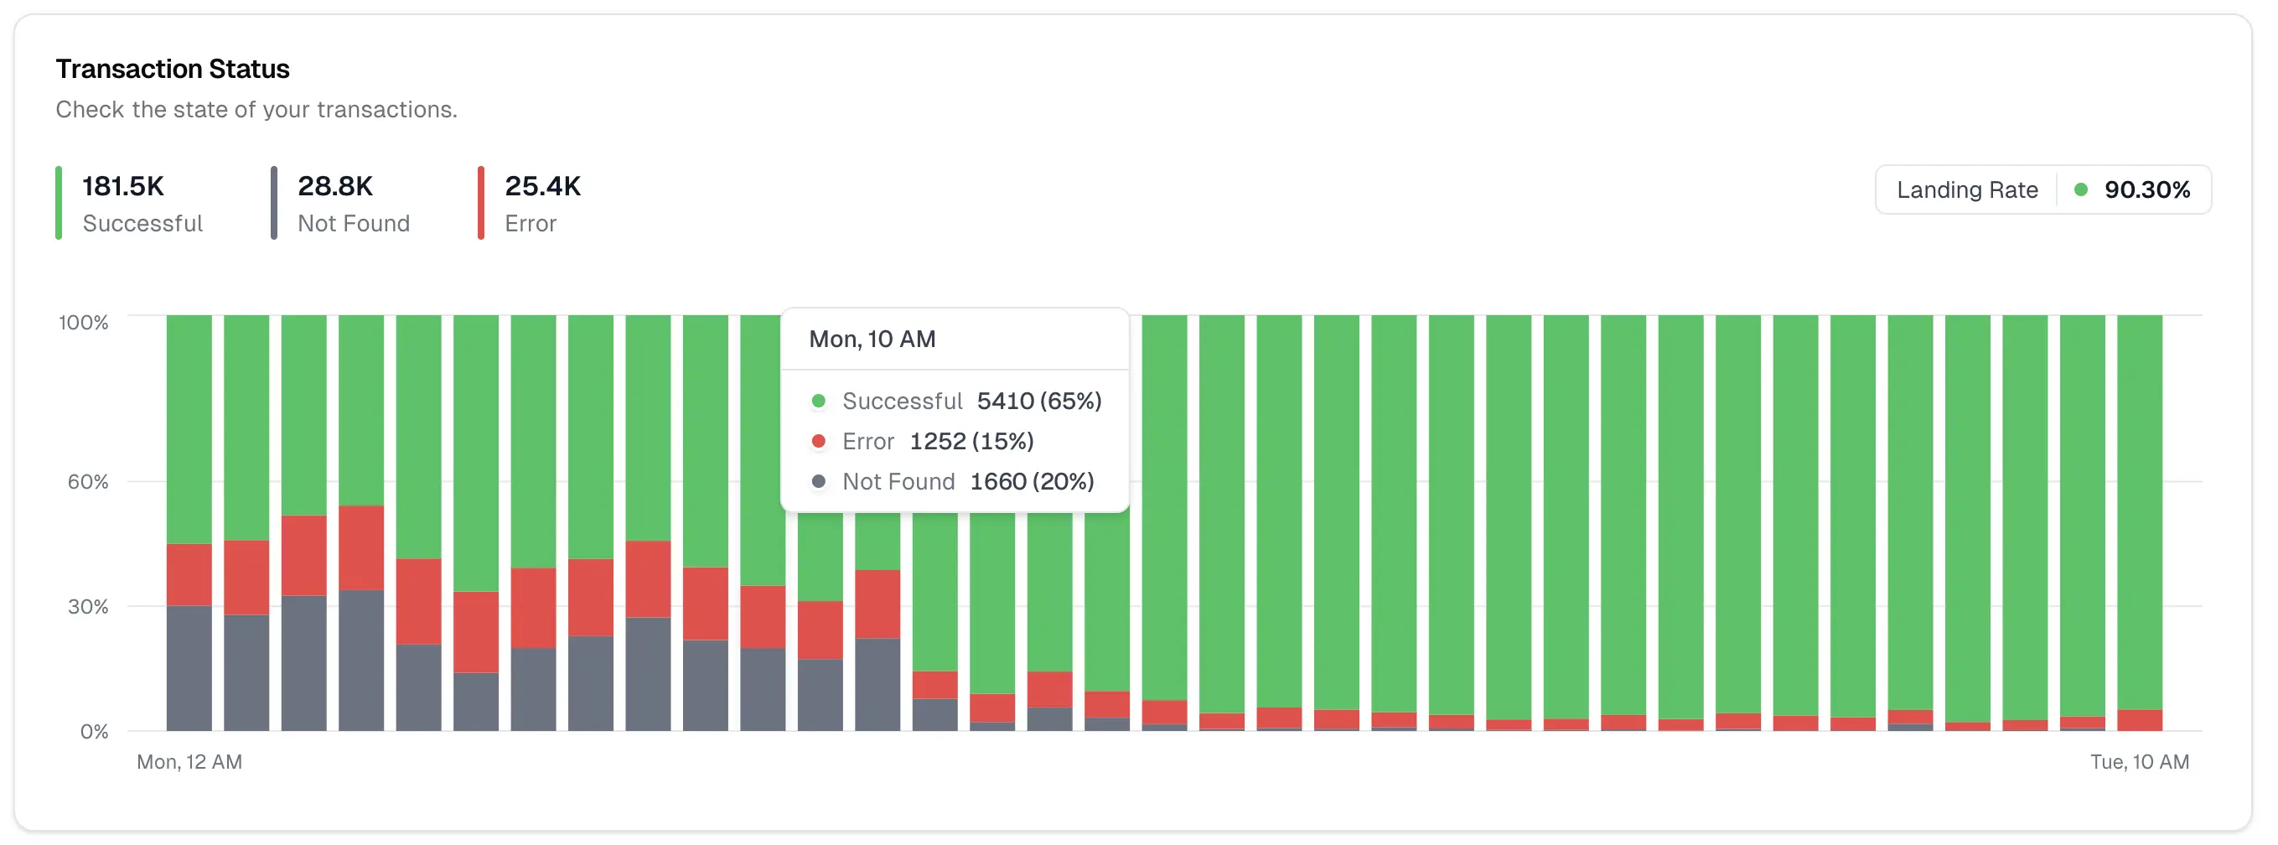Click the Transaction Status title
tap(173, 69)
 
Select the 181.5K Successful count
tap(123, 187)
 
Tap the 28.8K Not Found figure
tap(335, 187)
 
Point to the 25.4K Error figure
tap(542, 187)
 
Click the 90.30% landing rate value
tap(2146, 190)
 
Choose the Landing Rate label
tap(1967, 190)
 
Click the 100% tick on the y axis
tap(83, 323)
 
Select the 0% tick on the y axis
tap(94, 732)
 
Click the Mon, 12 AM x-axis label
tap(189, 762)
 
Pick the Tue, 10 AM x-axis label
tap(2139, 762)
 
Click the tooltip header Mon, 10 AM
tap(872, 340)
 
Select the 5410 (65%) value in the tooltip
tap(1039, 402)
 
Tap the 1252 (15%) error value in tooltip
tap(971, 442)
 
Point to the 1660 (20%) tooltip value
tap(1031, 482)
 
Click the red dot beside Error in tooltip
tap(819, 442)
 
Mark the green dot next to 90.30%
tap(2081, 190)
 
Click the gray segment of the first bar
tap(189, 668)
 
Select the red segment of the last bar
tap(2139, 720)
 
